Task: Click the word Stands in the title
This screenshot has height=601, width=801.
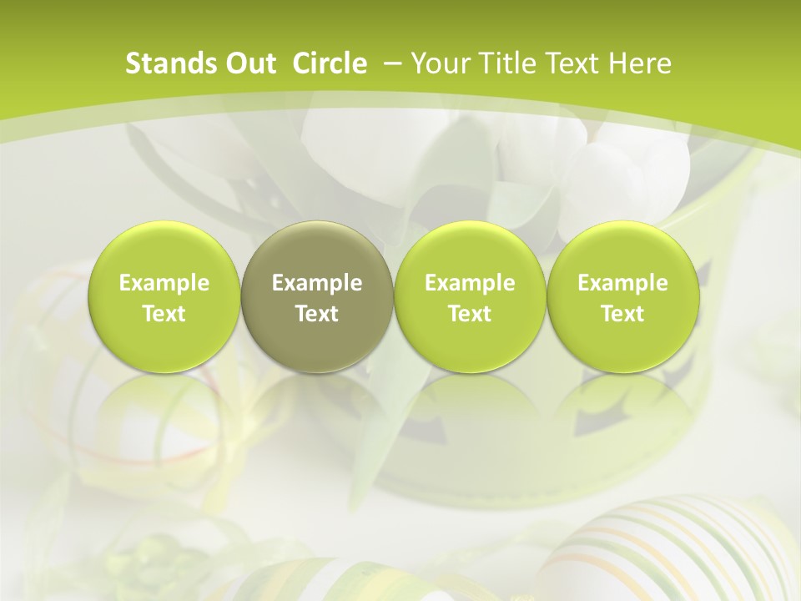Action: (x=162, y=63)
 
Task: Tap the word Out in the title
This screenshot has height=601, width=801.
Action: (x=243, y=63)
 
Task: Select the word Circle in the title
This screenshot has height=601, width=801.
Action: (x=330, y=63)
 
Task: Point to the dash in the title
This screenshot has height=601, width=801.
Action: (x=390, y=63)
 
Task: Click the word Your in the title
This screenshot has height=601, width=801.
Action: (x=436, y=63)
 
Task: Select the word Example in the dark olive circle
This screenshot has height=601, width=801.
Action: (x=317, y=283)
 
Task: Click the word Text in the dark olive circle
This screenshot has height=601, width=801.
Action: (x=317, y=314)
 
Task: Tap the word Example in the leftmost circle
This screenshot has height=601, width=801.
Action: (x=164, y=283)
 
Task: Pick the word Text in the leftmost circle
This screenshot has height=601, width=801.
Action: (x=164, y=314)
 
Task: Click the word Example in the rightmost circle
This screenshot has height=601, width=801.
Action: (x=622, y=283)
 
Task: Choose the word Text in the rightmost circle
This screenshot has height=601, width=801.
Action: (x=622, y=314)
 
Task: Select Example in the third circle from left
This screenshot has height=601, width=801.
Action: (x=470, y=283)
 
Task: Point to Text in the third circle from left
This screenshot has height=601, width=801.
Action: (x=470, y=314)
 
